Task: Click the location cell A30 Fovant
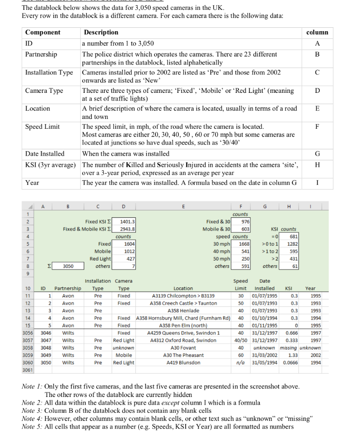pyautogui.click(x=183, y=348)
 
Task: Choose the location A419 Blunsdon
pyautogui.click(x=183, y=362)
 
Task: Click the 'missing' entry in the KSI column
pyautogui.click(x=289, y=348)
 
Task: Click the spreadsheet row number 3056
pyautogui.click(x=28, y=333)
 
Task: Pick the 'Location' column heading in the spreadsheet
pyautogui.click(x=183, y=288)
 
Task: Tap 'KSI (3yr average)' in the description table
pyautogui.click(x=51, y=165)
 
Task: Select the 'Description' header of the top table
pyautogui.click(x=101, y=33)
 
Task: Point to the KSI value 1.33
pyautogui.click(x=293, y=355)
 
